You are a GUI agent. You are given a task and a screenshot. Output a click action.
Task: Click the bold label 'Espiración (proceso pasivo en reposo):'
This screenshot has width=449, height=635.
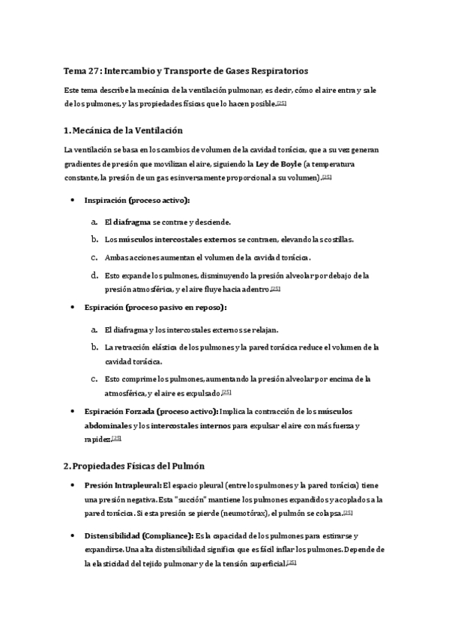coord(156,307)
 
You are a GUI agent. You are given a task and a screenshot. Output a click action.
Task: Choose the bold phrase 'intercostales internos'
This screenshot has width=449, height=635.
coord(187,425)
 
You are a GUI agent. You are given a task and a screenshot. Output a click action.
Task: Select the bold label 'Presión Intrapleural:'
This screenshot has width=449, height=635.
coord(123,485)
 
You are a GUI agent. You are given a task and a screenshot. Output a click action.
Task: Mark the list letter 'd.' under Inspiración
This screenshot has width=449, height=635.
coord(94,275)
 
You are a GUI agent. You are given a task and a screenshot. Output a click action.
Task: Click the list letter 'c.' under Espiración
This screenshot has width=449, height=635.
coord(94,379)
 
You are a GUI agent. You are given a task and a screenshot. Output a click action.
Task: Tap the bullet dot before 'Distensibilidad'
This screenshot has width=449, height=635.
coord(72,536)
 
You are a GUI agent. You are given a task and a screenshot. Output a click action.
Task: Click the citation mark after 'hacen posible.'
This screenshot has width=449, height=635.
coord(281,104)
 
